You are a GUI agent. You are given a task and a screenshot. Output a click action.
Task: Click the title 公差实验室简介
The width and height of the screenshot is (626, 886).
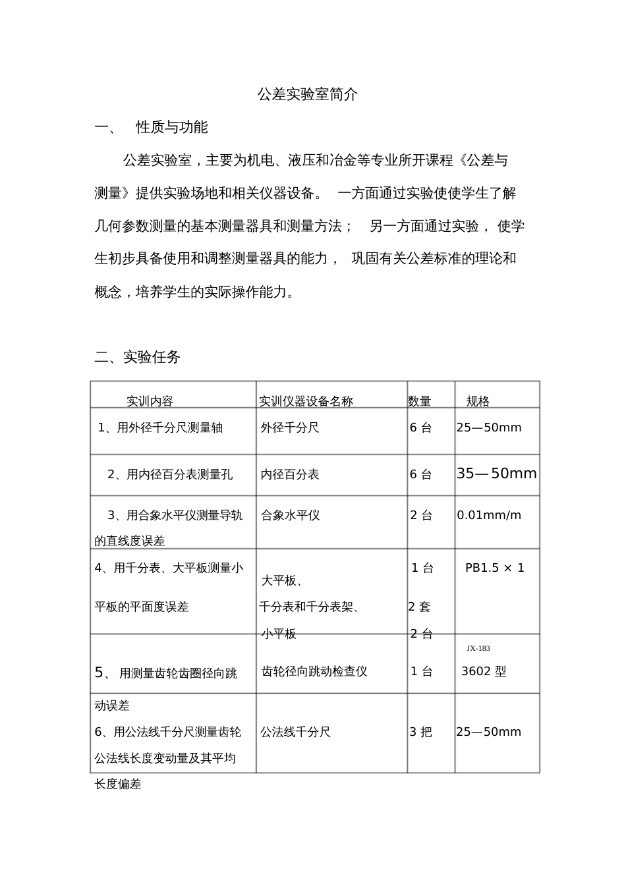pyautogui.click(x=308, y=94)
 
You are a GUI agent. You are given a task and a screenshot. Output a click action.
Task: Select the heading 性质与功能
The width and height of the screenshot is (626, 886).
pyautogui.click(x=171, y=127)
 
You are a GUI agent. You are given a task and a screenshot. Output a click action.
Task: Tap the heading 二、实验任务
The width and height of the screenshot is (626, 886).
pyautogui.click(x=137, y=357)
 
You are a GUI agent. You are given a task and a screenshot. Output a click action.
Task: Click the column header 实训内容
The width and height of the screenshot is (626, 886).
pyautogui.click(x=150, y=401)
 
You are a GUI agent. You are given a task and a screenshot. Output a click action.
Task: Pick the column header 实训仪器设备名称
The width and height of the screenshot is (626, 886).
pyautogui.click(x=306, y=401)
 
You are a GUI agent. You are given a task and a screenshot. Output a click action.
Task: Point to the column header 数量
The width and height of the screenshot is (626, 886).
pyautogui.click(x=419, y=401)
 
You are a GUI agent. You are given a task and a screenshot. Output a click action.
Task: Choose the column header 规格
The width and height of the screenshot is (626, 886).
pyautogui.click(x=478, y=401)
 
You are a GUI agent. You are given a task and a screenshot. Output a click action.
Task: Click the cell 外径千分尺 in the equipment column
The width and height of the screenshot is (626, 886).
pyautogui.click(x=290, y=428)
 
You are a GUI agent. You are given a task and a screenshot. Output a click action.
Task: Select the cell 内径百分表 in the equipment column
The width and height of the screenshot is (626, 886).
pyautogui.click(x=290, y=474)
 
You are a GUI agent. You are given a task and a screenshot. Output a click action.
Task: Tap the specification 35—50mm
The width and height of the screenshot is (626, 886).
pyautogui.click(x=496, y=474)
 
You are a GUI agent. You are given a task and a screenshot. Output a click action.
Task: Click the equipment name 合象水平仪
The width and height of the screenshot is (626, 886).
pyautogui.click(x=291, y=515)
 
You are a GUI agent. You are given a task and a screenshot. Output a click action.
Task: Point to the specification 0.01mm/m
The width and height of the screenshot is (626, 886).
pyautogui.click(x=489, y=515)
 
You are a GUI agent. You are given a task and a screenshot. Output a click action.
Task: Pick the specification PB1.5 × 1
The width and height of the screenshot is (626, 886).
pyautogui.click(x=495, y=568)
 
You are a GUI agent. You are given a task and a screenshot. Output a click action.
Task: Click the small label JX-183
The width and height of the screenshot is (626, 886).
pyautogui.click(x=478, y=648)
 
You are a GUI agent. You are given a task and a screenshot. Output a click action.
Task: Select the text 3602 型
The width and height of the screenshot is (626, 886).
pyautogui.click(x=484, y=672)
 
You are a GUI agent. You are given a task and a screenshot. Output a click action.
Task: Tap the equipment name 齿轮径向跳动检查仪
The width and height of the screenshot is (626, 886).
pyautogui.click(x=314, y=672)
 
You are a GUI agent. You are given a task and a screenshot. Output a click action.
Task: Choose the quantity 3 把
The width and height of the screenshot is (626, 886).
pyautogui.click(x=421, y=732)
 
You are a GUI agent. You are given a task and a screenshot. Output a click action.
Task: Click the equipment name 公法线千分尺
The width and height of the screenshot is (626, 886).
pyautogui.click(x=295, y=732)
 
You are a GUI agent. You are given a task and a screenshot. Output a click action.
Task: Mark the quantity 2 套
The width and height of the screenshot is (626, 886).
pyautogui.click(x=419, y=607)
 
